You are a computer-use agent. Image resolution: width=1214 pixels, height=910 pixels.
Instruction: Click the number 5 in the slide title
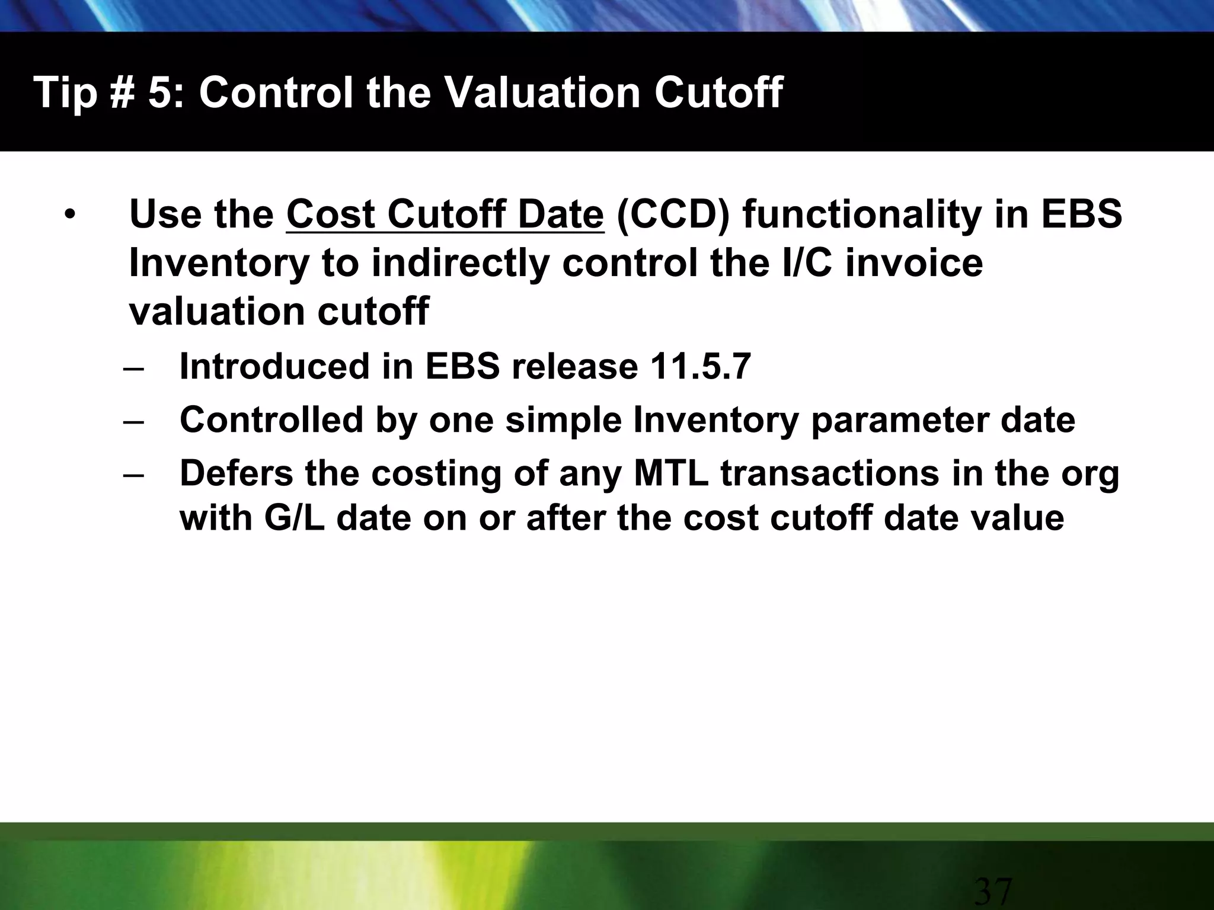coord(159,92)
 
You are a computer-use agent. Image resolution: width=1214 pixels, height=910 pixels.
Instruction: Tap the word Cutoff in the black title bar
coord(717,92)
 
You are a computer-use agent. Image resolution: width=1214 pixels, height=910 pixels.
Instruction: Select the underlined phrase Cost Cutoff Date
coord(445,214)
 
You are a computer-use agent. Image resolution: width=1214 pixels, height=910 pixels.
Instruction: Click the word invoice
coord(913,263)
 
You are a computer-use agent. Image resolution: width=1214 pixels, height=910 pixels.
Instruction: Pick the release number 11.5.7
coord(700,366)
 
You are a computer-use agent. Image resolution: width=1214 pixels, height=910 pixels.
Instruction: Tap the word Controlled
coord(271,419)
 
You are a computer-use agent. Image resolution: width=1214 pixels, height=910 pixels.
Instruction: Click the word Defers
coord(237,473)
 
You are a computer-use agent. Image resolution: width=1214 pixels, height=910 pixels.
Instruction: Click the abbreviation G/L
coord(294,518)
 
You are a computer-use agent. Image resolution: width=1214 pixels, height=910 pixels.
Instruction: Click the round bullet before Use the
coord(71,214)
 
